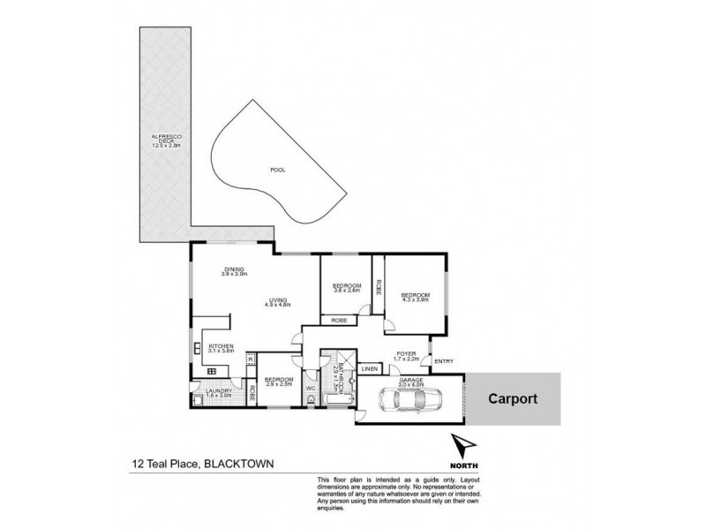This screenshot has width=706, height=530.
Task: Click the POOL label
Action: tap(277, 169)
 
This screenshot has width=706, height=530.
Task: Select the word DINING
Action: tap(234, 269)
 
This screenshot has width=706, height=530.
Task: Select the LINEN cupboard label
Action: tap(369, 368)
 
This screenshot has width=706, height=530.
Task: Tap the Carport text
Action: tap(513, 397)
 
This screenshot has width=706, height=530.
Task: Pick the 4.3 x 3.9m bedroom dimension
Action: tap(415, 300)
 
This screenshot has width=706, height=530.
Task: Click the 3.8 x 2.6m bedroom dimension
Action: tap(347, 291)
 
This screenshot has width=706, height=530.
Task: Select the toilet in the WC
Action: tap(313, 399)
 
